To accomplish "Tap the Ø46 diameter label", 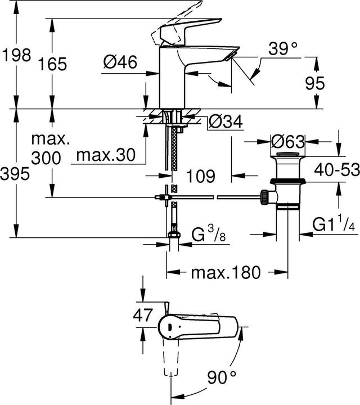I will pos(120,64).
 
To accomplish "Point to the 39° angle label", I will pos(281,49).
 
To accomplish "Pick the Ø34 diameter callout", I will pos(226,121).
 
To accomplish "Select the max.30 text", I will pos(107,156).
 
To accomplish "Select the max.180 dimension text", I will pos(226,273).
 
